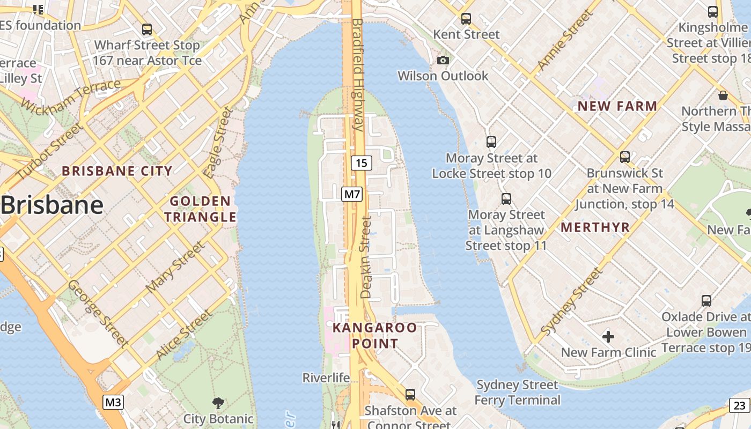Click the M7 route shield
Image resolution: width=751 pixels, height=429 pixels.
pyautogui.click(x=352, y=194)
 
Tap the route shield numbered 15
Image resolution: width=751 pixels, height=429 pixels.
pyautogui.click(x=362, y=162)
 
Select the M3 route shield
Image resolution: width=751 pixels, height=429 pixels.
pyautogui.click(x=113, y=402)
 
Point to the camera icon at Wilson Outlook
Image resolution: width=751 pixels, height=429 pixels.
pyautogui.click(x=443, y=60)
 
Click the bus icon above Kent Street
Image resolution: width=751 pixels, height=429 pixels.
pyautogui.click(x=466, y=19)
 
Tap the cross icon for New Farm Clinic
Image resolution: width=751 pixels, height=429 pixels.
pyautogui.click(x=608, y=337)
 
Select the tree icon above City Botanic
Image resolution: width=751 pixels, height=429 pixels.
pyautogui.click(x=218, y=403)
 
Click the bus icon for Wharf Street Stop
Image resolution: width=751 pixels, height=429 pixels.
pyautogui.click(x=146, y=29)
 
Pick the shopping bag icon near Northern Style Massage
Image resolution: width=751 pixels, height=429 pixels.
pyautogui.click(x=723, y=95)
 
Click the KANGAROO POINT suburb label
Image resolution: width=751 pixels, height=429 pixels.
pyautogui.click(x=374, y=335)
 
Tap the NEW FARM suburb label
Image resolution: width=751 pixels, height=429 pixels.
pyautogui.click(x=617, y=106)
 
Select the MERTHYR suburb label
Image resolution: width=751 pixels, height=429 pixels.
pyautogui.click(x=595, y=227)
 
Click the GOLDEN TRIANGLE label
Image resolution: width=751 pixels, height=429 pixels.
pyautogui.click(x=200, y=209)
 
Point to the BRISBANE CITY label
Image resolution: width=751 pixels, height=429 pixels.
pyautogui.click(x=117, y=171)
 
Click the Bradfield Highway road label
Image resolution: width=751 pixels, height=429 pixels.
pyautogui.click(x=358, y=75)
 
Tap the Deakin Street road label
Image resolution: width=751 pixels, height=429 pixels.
pyautogui.click(x=366, y=257)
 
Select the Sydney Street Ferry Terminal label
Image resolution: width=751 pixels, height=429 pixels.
pyautogui.click(x=517, y=393)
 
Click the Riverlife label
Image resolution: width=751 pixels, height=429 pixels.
pyautogui.click(x=326, y=378)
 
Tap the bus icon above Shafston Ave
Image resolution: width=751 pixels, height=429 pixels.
pyautogui.click(x=410, y=395)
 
